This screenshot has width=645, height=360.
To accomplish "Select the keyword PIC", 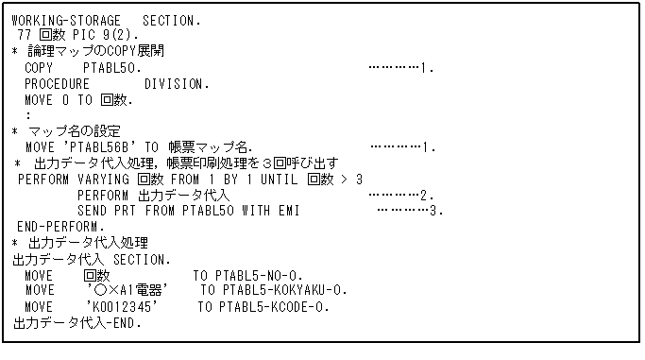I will (x=76, y=35).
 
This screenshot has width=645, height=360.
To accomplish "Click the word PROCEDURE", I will (x=58, y=83).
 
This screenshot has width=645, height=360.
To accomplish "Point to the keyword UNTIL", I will (x=276, y=179).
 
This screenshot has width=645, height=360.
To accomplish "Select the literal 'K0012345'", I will (x=120, y=306).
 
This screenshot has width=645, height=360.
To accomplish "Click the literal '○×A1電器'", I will (x=127, y=290).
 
